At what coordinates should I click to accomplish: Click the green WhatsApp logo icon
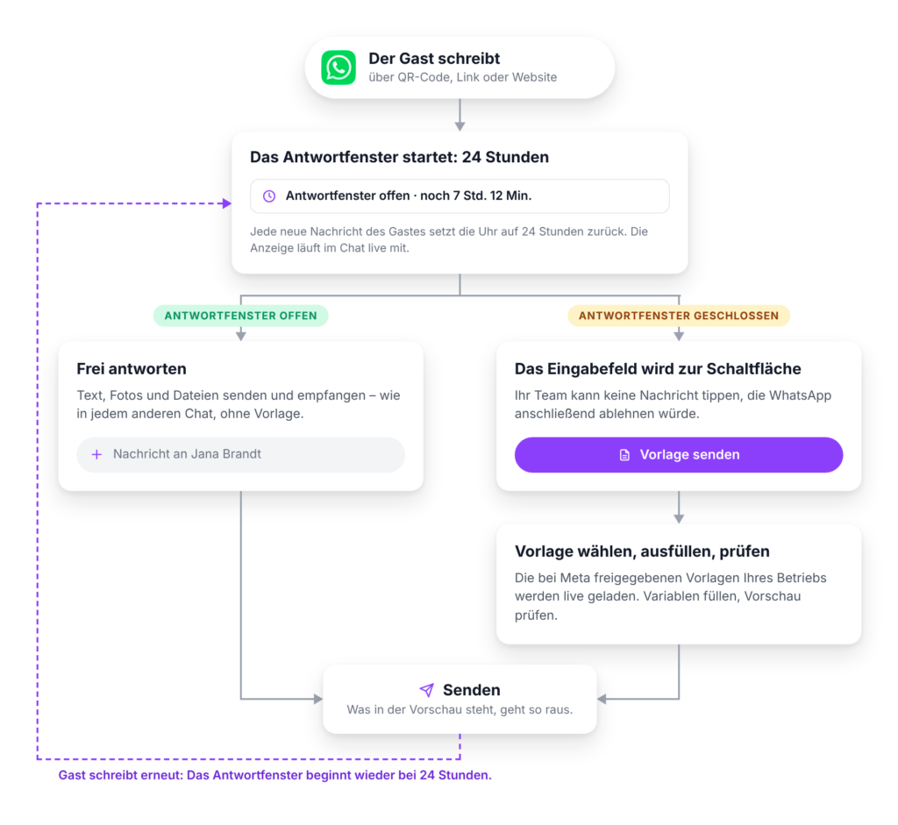click(339, 68)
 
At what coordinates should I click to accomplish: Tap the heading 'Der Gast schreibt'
click(434, 59)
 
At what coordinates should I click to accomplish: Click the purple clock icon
click(269, 196)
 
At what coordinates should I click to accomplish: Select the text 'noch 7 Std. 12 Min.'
click(476, 196)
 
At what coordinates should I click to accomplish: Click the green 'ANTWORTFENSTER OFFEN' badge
click(240, 316)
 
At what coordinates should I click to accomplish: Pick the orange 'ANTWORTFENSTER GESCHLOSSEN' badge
click(679, 316)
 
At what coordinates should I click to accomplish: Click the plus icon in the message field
click(96, 454)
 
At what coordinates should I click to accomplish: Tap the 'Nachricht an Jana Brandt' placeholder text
click(188, 454)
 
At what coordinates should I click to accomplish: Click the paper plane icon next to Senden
click(427, 690)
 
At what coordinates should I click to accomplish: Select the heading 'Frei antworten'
click(132, 369)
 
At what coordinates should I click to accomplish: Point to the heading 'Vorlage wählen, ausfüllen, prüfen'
click(642, 551)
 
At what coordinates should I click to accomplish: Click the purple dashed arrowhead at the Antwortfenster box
click(227, 203)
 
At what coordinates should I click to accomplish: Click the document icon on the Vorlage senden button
click(624, 455)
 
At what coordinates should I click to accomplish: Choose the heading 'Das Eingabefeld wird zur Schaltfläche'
click(658, 369)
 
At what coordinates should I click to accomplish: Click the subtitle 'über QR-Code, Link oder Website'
click(463, 77)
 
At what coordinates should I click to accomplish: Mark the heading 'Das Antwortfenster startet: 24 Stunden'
click(399, 157)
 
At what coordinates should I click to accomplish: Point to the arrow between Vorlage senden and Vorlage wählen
click(679, 508)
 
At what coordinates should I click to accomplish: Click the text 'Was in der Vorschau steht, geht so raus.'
click(460, 710)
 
